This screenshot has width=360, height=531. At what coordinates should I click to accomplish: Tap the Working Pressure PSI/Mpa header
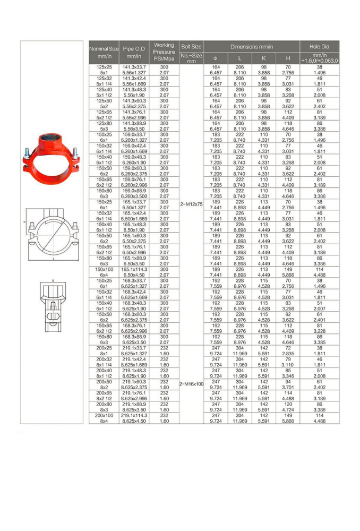[x=164, y=52]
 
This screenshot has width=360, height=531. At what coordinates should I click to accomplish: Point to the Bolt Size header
[x=191, y=46]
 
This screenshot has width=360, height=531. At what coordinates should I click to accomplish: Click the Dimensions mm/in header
[x=251, y=46]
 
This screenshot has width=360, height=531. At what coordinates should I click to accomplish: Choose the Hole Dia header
[x=320, y=46]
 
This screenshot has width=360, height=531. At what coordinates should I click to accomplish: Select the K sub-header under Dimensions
[x=263, y=58]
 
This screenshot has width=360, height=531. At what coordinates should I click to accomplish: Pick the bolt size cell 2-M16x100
[x=191, y=383]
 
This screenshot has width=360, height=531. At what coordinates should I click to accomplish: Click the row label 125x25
[x=104, y=67]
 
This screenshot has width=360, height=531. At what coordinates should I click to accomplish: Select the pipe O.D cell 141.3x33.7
[x=134, y=67]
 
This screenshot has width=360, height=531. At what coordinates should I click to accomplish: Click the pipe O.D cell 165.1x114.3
[x=134, y=269]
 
